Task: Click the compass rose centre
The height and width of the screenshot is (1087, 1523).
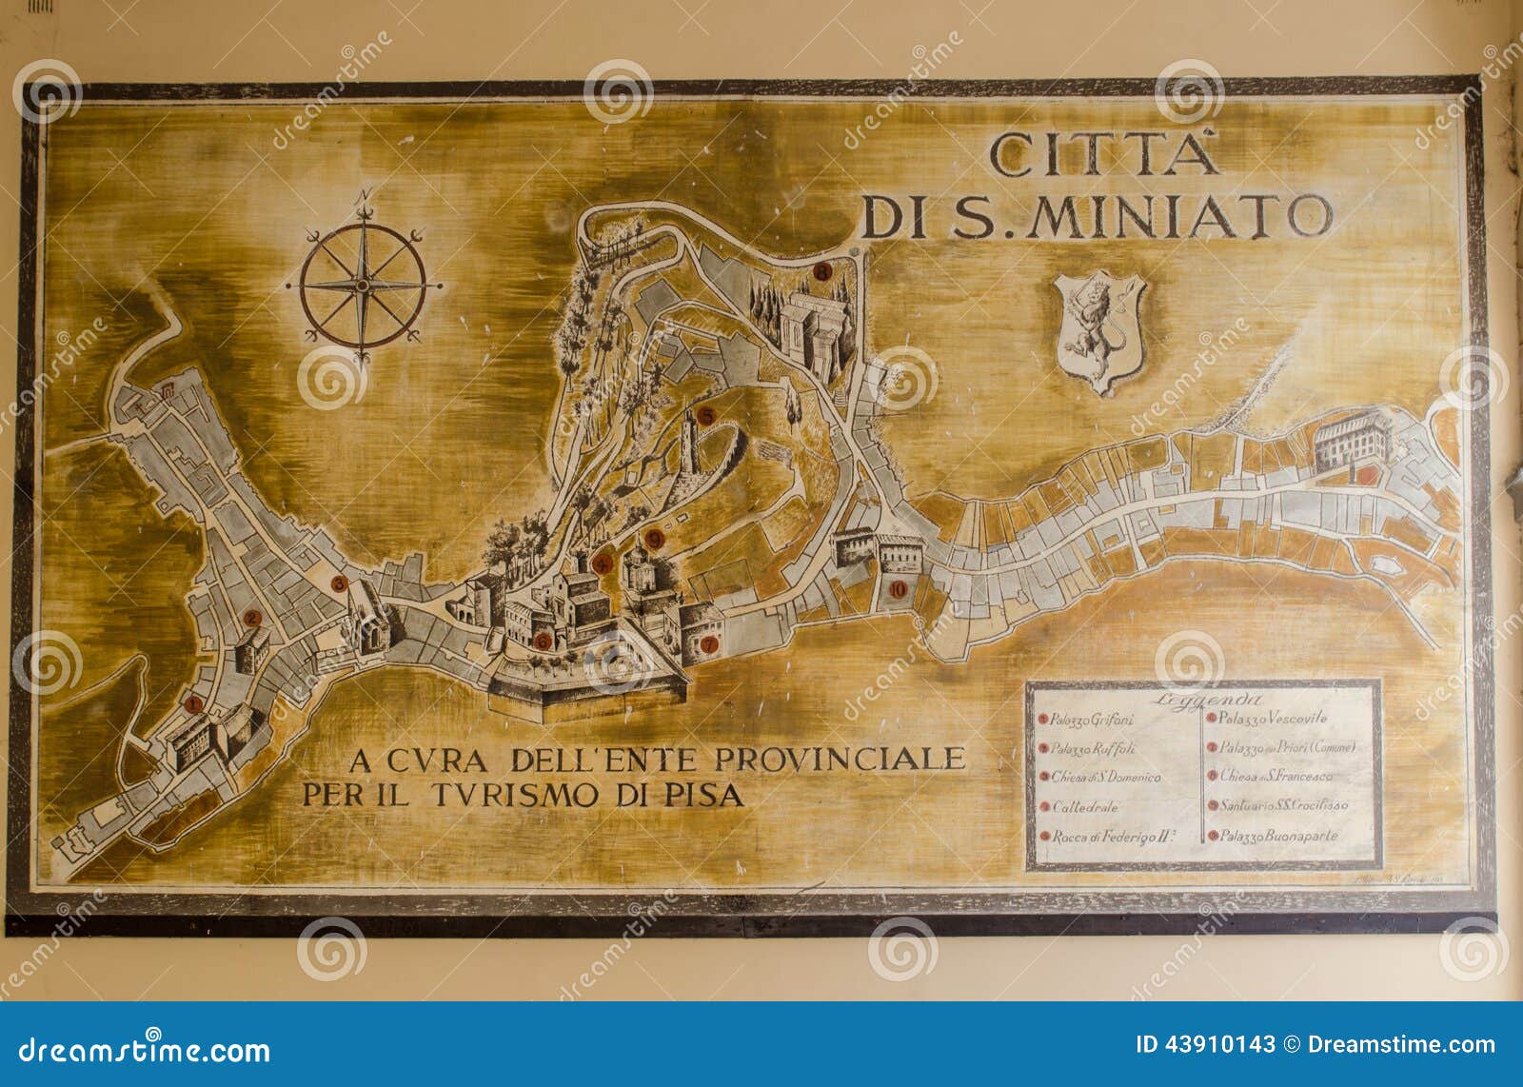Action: tap(363, 284)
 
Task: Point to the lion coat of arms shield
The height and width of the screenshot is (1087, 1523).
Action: tap(1099, 328)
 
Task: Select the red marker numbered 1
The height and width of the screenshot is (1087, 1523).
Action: tap(194, 704)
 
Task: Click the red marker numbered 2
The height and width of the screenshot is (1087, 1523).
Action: tap(252, 618)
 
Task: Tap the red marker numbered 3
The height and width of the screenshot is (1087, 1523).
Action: tap(338, 583)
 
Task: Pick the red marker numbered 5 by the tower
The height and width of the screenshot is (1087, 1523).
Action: tap(705, 416)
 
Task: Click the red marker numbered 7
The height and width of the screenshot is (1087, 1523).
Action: tap(708, 644)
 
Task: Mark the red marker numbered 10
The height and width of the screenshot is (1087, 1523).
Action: tap(898, 588)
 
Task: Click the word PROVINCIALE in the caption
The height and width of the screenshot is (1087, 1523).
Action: tap(840, 759)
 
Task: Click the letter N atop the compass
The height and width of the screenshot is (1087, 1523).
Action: tap(363, 198)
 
